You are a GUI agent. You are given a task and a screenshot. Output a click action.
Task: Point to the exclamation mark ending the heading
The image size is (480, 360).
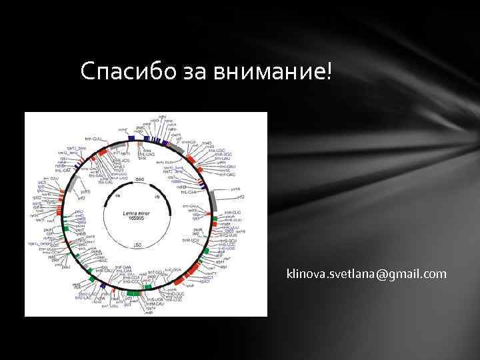(x=328, y=69)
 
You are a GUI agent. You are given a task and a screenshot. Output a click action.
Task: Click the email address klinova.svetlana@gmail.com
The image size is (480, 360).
(x=367, y=273)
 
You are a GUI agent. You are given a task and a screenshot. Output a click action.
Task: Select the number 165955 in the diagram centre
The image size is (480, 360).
(x=136, y=219)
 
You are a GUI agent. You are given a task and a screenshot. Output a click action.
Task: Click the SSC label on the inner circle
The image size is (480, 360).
(x=139, y=179)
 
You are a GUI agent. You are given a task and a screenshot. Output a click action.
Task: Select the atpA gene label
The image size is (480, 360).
(x=220, y=263)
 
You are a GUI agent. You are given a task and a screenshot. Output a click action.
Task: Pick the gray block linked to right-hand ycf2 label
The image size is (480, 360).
(x=215, y=199)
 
